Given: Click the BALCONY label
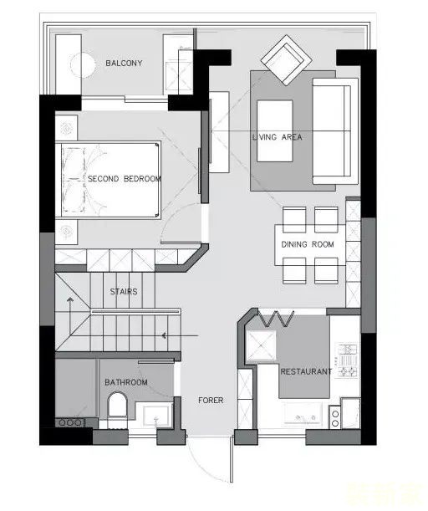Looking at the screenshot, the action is click(124, 63).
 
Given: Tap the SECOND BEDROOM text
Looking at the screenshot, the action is click(125, 179).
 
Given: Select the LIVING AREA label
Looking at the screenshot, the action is click(278, 137).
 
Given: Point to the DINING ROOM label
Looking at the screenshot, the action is click(308, 244).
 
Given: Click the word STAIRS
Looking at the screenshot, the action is click(124, 291).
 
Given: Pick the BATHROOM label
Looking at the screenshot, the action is click(126, 382).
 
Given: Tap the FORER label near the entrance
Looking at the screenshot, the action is click(211, 401).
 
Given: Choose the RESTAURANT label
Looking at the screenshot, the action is click(306, 371).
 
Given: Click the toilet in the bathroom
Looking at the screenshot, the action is click(117, 405).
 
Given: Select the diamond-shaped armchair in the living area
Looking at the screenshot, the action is click(287, 60).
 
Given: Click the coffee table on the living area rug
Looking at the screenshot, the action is click(274, 130).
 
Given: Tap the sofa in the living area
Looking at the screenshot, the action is click(335, 131).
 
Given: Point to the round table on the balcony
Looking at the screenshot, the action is click(83, 65).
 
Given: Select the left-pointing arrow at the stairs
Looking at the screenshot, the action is click(180, 335).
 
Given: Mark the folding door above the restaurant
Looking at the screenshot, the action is click(276, 319).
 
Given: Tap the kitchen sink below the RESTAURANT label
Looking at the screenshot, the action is click(303, 413).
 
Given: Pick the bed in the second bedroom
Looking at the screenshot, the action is click(108, 180).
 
